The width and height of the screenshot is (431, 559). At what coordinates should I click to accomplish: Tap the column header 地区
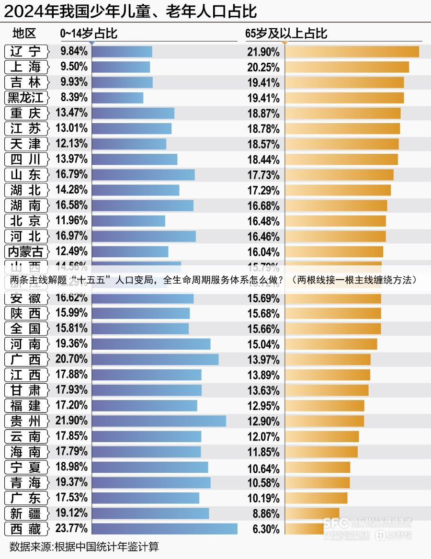(24, 34)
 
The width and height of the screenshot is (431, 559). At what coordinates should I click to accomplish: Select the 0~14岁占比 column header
(89, 34)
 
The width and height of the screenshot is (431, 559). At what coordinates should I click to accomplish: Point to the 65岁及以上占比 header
(286, 34)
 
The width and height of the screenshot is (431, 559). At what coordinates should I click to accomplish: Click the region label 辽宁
(26, 51)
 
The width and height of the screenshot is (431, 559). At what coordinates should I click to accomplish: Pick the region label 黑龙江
(26, 98)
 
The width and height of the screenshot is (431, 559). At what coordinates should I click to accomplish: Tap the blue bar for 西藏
(164, 529)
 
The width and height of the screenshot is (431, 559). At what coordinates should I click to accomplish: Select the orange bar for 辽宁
(352, 51)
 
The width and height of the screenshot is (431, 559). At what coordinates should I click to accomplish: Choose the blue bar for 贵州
(159, 421)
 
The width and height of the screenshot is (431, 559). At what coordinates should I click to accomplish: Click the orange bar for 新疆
(312, 513)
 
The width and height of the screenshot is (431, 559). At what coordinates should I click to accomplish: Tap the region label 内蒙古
(26, 251)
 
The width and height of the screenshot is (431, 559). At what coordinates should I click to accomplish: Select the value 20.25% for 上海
(263, 67)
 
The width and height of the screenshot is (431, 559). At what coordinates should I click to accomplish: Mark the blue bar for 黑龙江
(117, 98)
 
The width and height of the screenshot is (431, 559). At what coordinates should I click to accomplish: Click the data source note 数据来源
(84, 547)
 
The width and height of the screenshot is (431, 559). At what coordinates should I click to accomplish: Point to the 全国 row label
(26, 329)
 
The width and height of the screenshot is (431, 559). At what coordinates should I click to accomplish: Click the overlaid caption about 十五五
(213, 280)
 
